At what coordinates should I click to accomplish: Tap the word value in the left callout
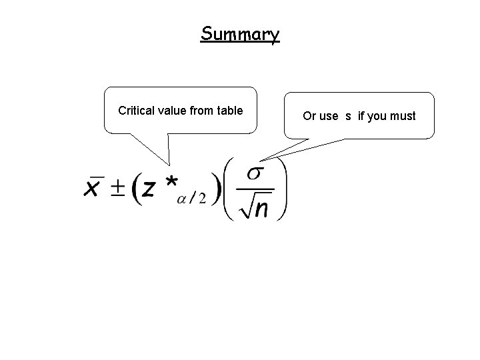[x=171, y=111]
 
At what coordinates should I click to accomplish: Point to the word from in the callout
[x=201, y=111]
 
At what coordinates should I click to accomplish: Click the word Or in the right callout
[x=309, y=116]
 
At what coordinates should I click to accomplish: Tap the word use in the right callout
[x=329, y=116]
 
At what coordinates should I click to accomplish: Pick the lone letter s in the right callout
[x=348, y=116]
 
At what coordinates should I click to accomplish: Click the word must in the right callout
[x=403, y=116]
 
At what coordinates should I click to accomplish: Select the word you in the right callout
[x=377, y=116]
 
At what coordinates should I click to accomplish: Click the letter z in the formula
[x=151, y=189]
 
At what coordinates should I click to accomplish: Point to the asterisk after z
[x=170, y=182]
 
